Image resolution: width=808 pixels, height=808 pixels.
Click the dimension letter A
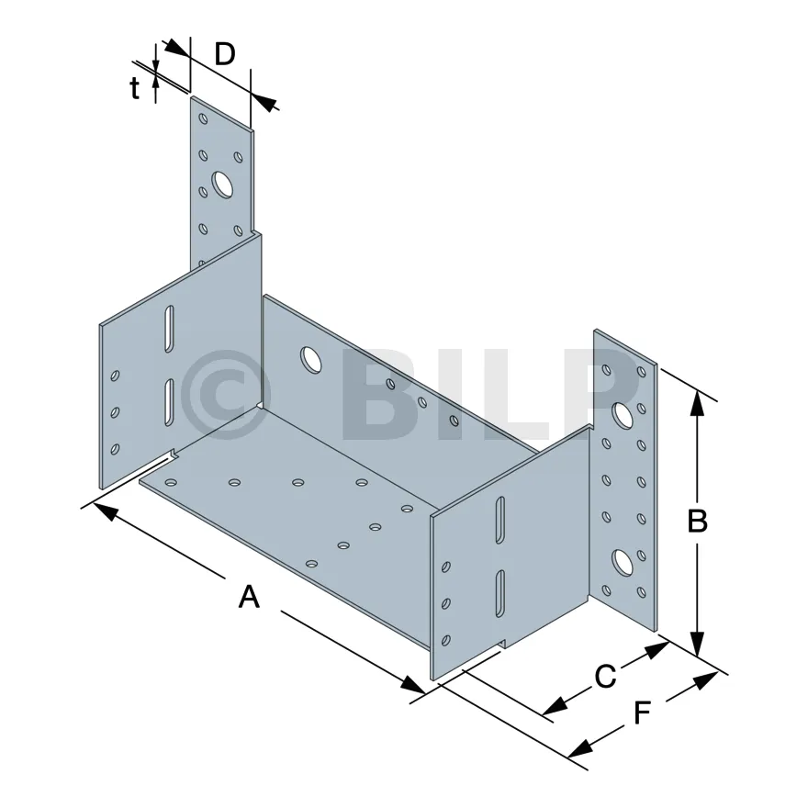coord(249,598)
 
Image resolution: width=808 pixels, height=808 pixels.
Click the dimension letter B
coord(698,522)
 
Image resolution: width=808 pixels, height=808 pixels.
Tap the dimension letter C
coord(605,678)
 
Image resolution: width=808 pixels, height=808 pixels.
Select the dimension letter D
coord(225,54)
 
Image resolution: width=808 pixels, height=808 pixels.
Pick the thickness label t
coord(135,89)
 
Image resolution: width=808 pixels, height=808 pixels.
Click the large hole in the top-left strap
coord(222,185)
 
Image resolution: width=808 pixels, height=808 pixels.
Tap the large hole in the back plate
coord(309,359)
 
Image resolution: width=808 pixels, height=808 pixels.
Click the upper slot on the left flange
coord(168,329)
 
